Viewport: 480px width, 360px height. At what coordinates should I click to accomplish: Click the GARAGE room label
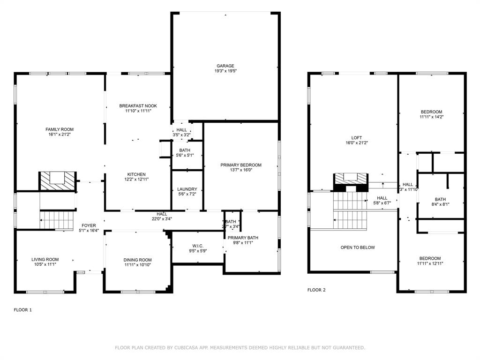[x=225, y=66]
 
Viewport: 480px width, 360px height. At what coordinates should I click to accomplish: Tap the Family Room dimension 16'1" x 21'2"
[x=60, y=135]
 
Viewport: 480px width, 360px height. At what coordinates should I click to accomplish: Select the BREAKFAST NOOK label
[x=138, y=106]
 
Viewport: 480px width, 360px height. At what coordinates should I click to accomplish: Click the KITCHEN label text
[x=136, y=174]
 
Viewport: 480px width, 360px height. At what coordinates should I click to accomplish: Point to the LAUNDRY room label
[x=187, y=189]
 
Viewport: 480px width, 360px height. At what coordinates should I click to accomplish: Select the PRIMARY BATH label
[x=243, y=238]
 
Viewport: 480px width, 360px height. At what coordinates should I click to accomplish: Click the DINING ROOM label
[x=138, y=260]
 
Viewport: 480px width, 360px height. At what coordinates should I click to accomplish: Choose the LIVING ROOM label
[x=45, y=259]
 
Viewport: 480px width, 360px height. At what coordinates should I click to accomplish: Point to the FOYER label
[x=89, y=225]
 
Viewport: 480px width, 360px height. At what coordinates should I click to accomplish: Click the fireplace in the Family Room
[x=57, y=180]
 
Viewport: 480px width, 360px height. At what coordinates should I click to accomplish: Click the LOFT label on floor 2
[x=357, y=137]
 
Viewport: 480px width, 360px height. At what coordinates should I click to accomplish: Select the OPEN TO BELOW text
[x=358, y=247]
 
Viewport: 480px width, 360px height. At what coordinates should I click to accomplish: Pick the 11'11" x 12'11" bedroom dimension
[x=430, y=263]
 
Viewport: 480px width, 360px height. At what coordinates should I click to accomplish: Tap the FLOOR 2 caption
[x=316, y=290]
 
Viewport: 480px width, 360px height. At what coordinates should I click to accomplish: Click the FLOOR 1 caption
[x=22, y=310]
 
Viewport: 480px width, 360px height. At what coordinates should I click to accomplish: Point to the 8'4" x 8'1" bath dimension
[x=440, y=204]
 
